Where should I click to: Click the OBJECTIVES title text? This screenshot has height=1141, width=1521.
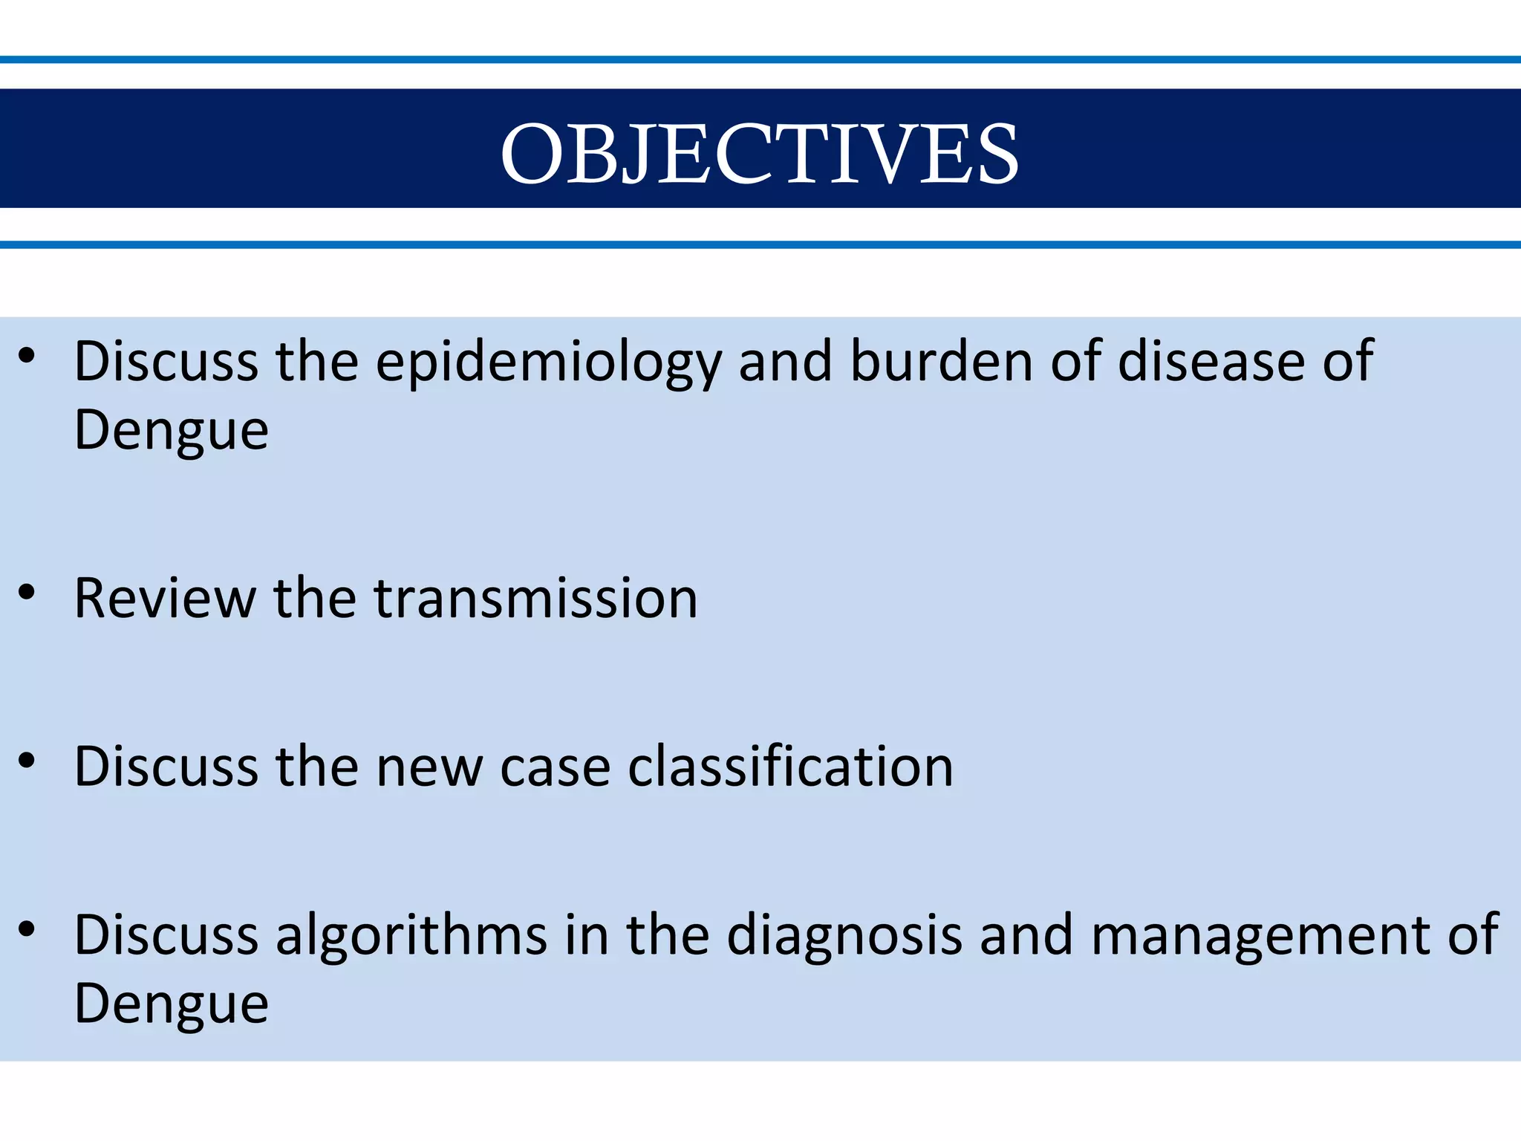pyautogui.click(x=759, y=154)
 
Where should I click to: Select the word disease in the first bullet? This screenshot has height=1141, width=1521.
pyautogui.click(x=1211, y=361)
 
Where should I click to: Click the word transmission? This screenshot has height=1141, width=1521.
pyautogui.click(x=535, y=599)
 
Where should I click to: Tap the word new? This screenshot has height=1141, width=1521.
pyautogui.click(x=429, y=767)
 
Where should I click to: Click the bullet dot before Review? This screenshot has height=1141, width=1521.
pyautogui.click(x=27, y=593)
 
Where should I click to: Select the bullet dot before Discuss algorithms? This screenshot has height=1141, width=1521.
pyautogui.click(x=27, y=929)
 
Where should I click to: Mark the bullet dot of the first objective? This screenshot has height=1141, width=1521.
pyautogui.click(x=27, y=356)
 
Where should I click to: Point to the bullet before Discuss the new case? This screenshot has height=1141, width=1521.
pyautogui.click(x=27, y=761)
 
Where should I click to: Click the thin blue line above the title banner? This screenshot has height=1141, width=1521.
pyautogui.click(x=760, y=59)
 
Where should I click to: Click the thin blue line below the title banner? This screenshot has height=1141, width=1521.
pyautogui.click(x=760, y=244)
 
